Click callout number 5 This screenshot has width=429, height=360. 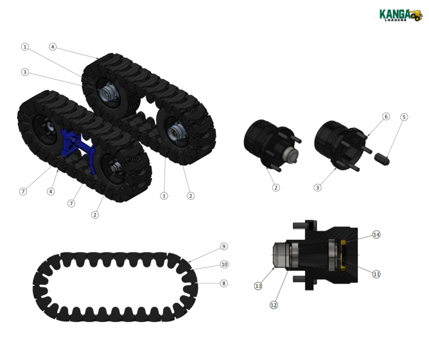[404, 117]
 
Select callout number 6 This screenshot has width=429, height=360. [386, 116]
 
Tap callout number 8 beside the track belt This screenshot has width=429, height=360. [223, 283]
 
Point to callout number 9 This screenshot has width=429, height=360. [223, 246]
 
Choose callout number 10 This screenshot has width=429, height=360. [224, 264]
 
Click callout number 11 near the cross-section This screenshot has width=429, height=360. [376, 274]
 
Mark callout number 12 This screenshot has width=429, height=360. [274, 305]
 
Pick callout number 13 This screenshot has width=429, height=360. [258, 285]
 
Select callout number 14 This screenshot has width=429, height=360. [376, 235]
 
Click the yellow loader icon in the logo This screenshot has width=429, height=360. [416, 14]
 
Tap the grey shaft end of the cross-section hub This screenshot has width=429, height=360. [280, 254]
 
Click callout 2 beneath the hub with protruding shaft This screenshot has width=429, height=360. [276, 188]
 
